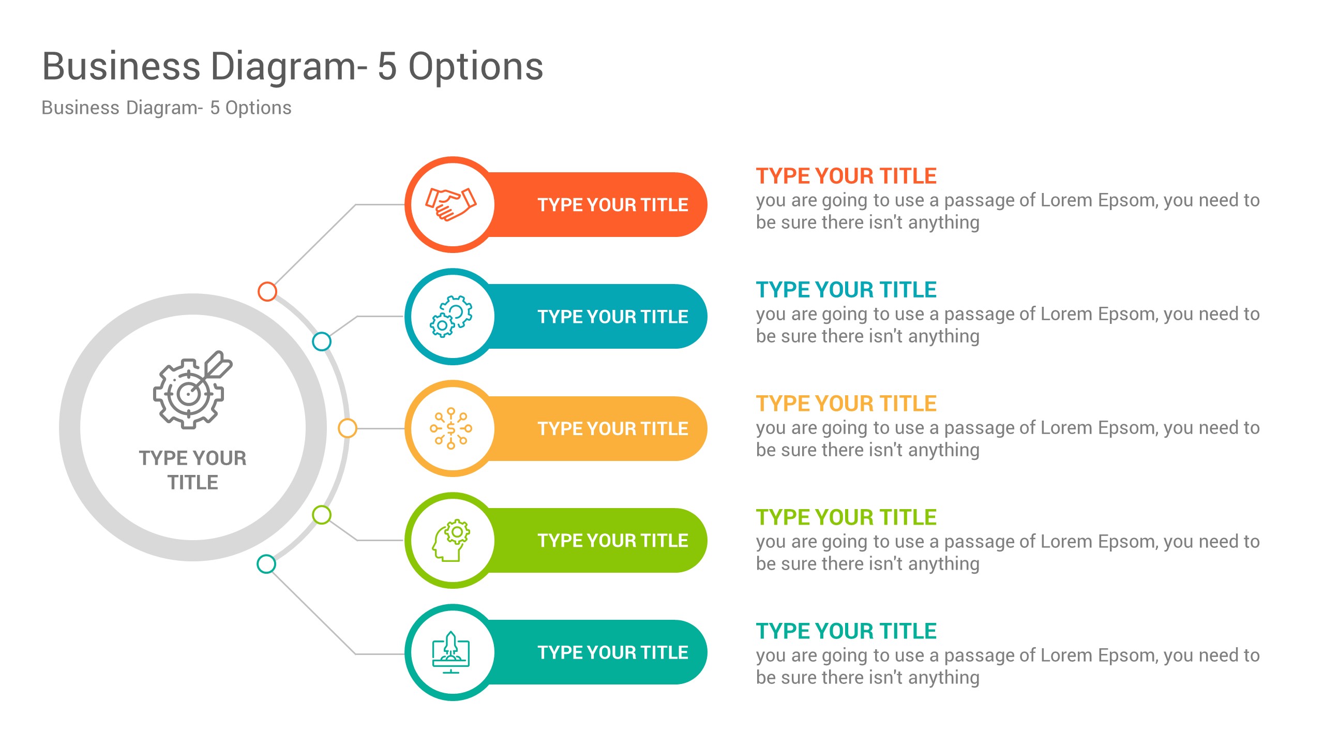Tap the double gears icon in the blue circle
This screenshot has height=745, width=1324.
click(451, 317)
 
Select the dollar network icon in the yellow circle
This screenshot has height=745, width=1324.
click(451, 428)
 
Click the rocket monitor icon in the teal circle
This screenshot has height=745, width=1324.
click(451, 652)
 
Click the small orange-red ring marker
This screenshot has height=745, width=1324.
click(267, 291)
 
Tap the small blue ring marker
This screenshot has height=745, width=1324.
click(322, 341)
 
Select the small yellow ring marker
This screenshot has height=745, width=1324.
click(347, 428)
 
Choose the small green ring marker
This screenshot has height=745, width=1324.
click(322, 515)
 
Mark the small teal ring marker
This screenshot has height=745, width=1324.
click(266, 564)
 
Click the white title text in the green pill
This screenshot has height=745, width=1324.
click(612, 541)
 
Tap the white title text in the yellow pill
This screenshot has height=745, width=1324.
click(612, 429)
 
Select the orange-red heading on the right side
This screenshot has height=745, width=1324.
click(846, 176)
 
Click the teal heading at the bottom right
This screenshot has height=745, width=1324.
click(846, 631)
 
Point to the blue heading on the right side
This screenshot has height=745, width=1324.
click(846, 290)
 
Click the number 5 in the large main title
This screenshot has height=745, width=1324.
click(387, 67)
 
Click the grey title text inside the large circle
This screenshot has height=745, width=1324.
click(192, 470)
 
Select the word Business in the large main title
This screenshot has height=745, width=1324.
click(121, 67)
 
